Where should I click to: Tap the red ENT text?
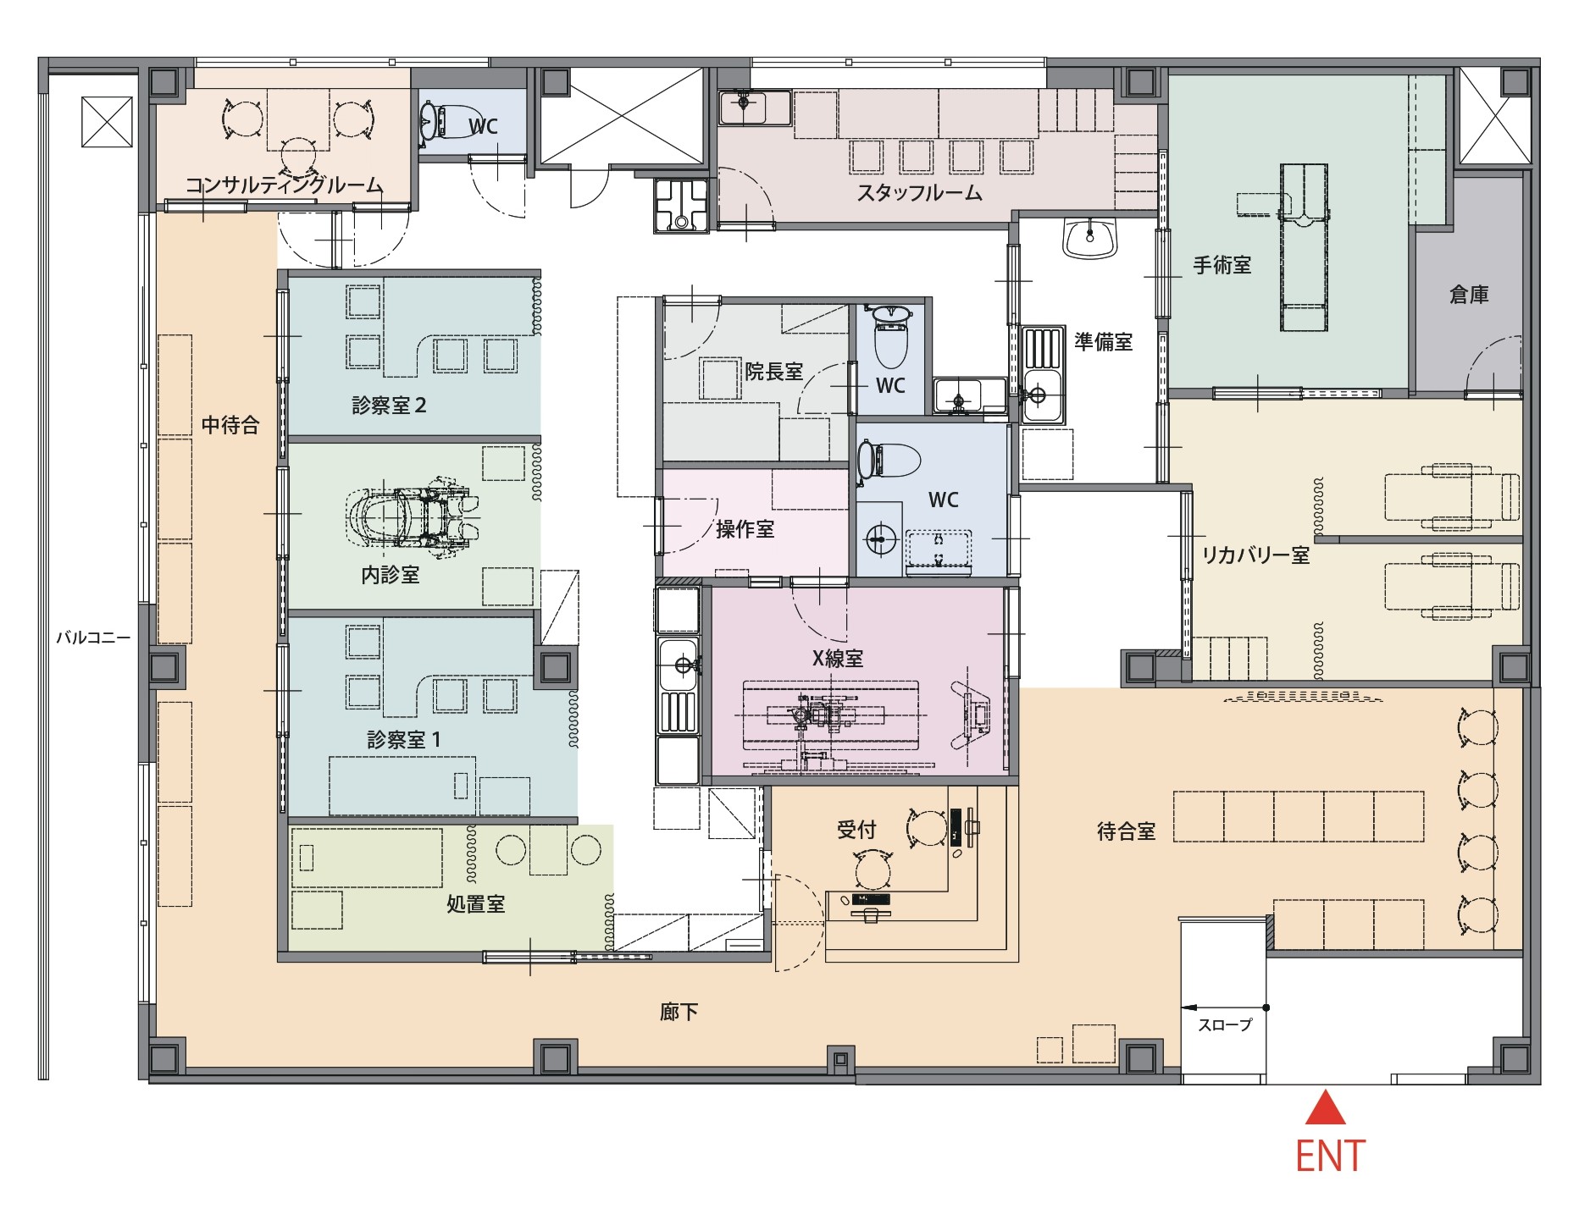[1330, 1157]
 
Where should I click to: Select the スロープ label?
[1225, 1024]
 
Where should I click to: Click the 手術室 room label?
[1222, 265]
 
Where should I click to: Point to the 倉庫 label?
[1469, 295]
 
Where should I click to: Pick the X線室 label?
[838, 658]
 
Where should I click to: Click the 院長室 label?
[773, 371]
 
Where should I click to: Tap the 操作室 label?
[745, 529]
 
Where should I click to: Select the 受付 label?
[856, 830]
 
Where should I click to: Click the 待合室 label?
[1126, 831]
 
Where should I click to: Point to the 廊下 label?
[679, 1012]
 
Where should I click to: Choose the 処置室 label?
[475, 904]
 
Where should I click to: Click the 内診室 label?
[390, 576]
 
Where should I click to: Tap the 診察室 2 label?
[389, 406]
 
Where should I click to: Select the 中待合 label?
[230, 424]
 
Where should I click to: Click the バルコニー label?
[93, 638]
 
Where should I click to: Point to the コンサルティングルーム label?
[285, 185]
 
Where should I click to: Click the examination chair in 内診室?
[412, 516]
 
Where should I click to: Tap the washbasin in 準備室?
[1092, 238]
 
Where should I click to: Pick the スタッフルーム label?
[919, 193]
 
